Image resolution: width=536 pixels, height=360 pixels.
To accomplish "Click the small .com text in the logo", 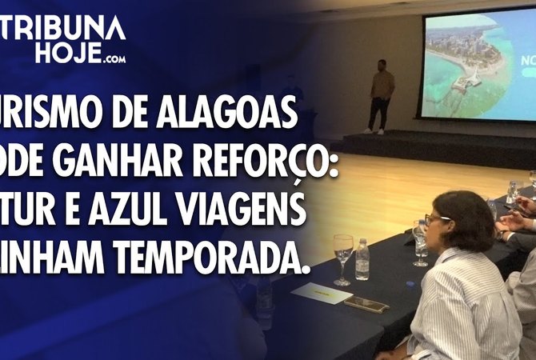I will pos(113,58).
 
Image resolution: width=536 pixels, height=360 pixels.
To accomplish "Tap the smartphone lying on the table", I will pos(366,304).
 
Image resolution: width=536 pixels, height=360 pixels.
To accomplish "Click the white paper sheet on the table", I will pos(321,293).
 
